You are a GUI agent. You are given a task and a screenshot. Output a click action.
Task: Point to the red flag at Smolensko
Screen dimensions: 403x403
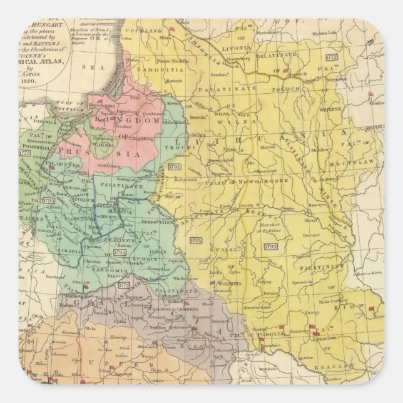tap(370, 96)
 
